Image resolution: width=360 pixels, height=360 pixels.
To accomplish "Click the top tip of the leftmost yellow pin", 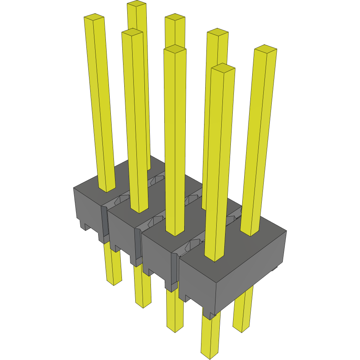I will coord(94,17).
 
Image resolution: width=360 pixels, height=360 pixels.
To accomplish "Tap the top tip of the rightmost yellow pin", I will coord(266,49).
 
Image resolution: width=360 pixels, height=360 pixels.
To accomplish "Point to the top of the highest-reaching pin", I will coord(136,4).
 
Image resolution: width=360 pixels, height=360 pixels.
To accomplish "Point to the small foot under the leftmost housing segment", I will coord(83,225).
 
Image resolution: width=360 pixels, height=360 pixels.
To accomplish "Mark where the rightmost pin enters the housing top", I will coord(251,232).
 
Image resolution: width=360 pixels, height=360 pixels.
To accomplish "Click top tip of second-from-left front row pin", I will coord(132,32).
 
